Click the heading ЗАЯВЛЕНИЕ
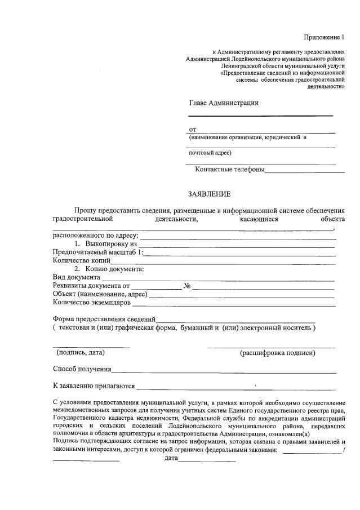point(209,194)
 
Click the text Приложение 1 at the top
point(323,37)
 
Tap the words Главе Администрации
point(224,103)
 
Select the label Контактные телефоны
point(229,169)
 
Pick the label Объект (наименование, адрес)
point(100,294)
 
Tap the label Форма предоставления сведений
point(104,319)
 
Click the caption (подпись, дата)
point(81,353)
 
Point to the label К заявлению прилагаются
point(94,387)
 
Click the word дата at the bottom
point(171,459)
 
